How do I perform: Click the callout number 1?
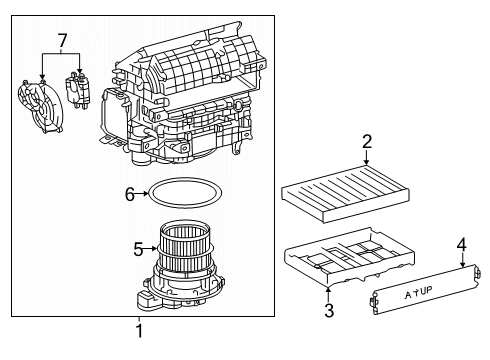pos(139,331)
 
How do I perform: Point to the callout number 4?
pos(461,243)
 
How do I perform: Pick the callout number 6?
pos(129,195)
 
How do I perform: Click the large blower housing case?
pos(200,100)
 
